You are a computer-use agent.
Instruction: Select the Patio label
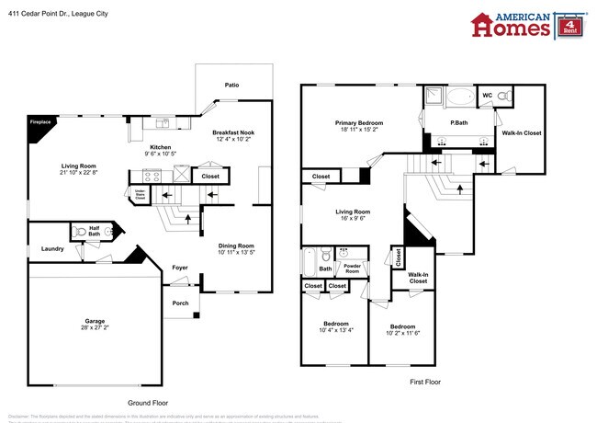point(232,86)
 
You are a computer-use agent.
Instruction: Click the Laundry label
point(51,248)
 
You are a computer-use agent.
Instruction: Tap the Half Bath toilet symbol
point(81,232)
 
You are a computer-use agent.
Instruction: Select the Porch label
point(180,303)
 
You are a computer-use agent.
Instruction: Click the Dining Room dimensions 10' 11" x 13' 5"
point(236,252)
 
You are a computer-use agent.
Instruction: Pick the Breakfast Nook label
point(233,132)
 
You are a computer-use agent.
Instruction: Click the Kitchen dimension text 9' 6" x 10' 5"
point(161,154)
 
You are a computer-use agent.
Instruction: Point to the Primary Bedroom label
point(358,122)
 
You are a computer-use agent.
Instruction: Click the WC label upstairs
point(487,95)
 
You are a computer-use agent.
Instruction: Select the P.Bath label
point(460,122)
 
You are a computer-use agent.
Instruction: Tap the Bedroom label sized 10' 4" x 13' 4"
point(334,323)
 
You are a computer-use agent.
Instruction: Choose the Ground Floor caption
point(147,403)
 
